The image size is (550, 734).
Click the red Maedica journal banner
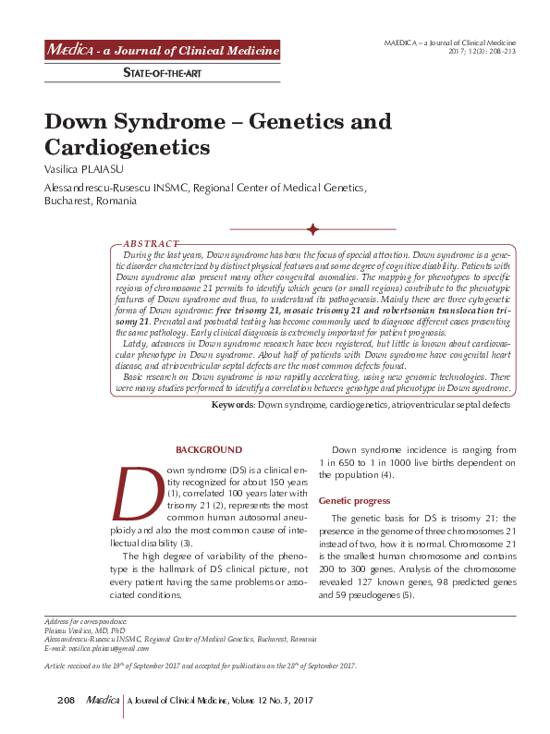click(x=163, y=51)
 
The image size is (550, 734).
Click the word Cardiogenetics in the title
click(x=128, y=147)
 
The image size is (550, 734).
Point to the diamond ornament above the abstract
click(x=312, y=229)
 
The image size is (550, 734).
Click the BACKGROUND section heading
click(x=209, y=450)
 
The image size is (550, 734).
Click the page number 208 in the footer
click(x=65, y=703)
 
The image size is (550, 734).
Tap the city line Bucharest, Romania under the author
click(x=91, y=201)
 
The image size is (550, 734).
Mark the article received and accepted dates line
click(x=201, y=666)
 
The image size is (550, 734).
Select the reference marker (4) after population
click(x=387, y=475)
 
